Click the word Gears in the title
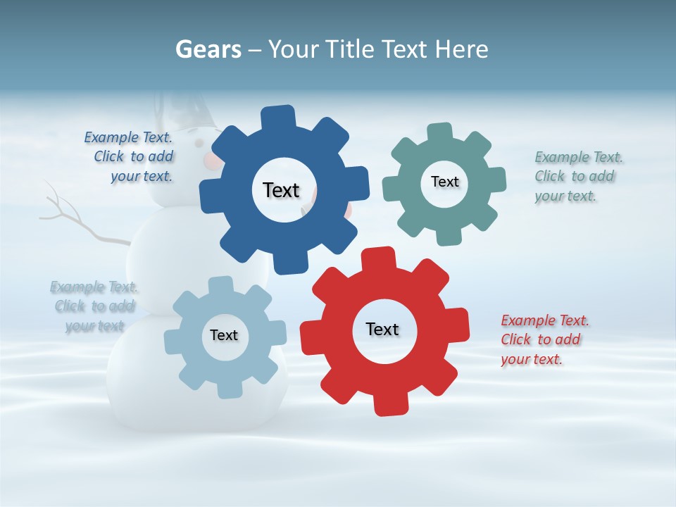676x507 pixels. click(208, 49)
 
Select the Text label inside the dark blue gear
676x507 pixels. click(281, 190)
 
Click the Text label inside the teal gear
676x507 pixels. click(444, 182)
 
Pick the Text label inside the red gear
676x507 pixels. click(382, 329)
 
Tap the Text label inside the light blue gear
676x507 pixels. click(224, 335)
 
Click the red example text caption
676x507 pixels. click(544, 339)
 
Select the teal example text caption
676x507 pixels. click(578, 176)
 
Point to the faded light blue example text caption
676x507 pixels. click(94, 306)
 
